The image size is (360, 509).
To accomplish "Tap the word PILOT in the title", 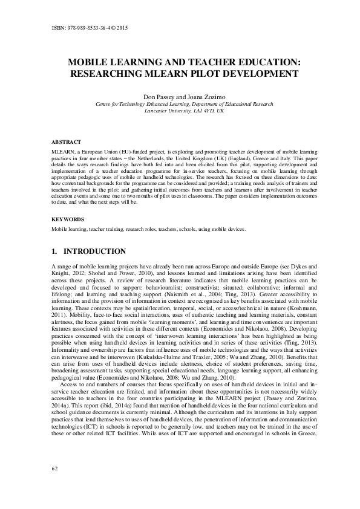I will (x=225, y=74).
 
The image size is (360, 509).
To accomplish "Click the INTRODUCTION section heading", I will (x=94, y=251).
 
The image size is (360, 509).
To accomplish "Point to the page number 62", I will (x=54, y=485).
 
